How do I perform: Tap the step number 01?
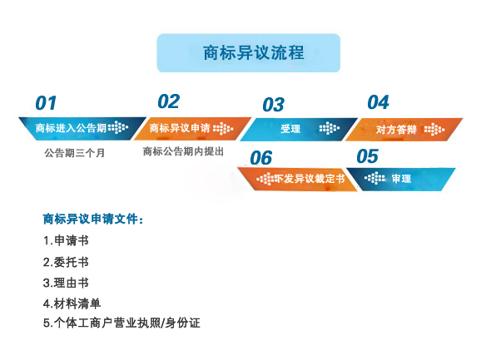click(46, 103)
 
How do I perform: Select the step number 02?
click(168, 101)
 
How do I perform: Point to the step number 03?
click(273, 105)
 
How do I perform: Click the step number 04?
click(378, 102)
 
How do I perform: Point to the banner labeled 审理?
click(401, 178)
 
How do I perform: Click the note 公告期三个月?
click(75, 153)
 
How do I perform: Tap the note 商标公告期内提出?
click(183, 151)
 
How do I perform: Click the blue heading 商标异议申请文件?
click(92, 219)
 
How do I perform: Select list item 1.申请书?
click(66, 240)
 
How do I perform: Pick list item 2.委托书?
click(66, 262)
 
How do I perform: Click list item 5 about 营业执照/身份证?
click(122, 323)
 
